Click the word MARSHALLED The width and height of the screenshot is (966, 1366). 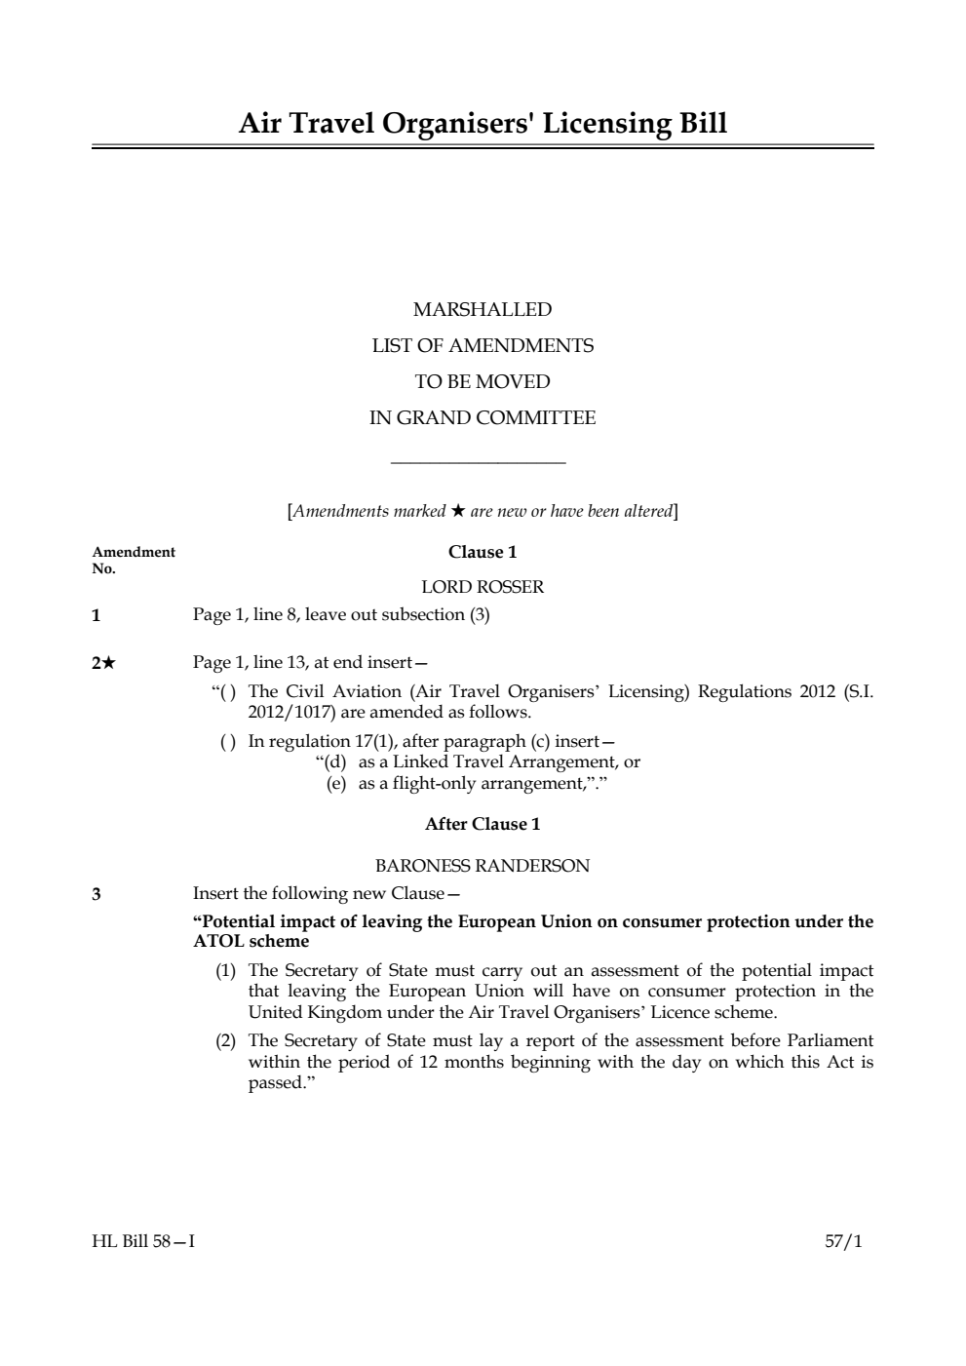point(483,310)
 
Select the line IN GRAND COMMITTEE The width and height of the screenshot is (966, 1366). point(483,418)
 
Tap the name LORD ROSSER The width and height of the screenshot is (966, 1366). point(483,587)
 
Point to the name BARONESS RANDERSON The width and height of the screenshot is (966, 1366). point(483,866)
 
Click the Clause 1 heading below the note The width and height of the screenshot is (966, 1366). point(483,552)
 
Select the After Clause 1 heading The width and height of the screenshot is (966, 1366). point(483,824)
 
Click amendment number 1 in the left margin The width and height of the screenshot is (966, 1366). point(97,615)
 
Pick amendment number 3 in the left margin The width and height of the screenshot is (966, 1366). point(97,894)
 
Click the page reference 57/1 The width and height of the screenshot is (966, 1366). point(844,1242)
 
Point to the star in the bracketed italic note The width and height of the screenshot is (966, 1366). point(458,511)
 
